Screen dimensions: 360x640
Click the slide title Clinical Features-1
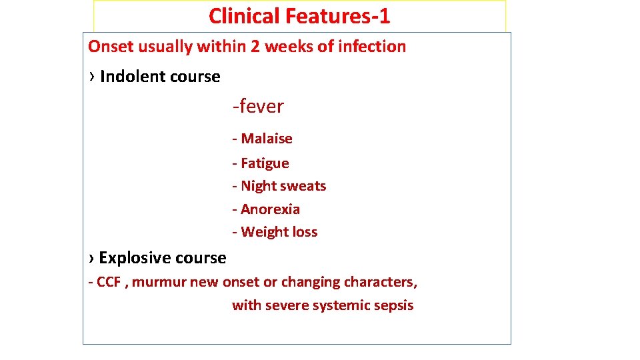coord(299,15)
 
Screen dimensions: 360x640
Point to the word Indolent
coord(129,77)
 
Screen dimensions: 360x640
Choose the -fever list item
coord(258,106)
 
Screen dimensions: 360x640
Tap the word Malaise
coord(267,139)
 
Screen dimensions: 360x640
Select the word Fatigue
coord(265,163)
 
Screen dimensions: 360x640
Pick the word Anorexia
coord(270,209)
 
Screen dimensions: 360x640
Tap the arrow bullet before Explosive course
coord(91,258)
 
